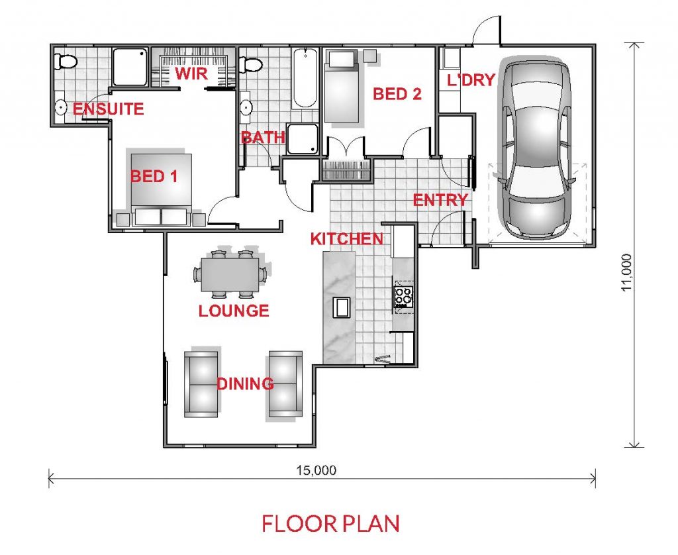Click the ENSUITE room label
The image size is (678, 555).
tap(108, 109)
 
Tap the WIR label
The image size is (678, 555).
tap(191, 74)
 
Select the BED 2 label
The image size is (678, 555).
tap(397, 94)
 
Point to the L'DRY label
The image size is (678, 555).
tap(471, 80)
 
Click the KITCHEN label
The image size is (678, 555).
tap(347, 239)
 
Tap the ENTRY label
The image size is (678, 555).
tap(440, 200)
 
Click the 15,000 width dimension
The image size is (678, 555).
tap(316, 470)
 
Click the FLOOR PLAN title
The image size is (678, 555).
tap(330, 523)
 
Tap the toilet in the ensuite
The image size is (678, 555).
tap(66, 62)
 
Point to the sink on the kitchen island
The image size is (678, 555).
tap(341, 307)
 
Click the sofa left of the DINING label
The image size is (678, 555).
tap(201, 384)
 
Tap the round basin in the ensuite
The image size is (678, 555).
tap(60, 107)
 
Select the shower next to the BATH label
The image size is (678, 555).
tap(303, 139)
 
